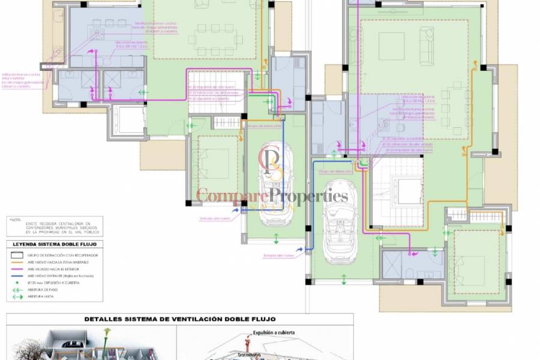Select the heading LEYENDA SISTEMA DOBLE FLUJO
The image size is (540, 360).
coord(54,244)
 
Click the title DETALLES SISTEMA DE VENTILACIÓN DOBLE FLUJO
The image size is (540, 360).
coord(180,319)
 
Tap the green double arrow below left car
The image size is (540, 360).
coord(276,239)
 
